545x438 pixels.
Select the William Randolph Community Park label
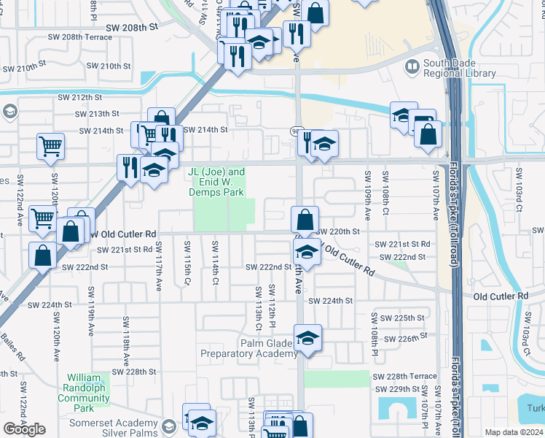click(83, 393)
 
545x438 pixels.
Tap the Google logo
click(25, 429)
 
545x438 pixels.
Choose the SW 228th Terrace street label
click(404, 376)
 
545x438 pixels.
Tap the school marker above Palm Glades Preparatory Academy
click(308, 338)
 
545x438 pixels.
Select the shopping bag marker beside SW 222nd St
click(43, 255)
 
